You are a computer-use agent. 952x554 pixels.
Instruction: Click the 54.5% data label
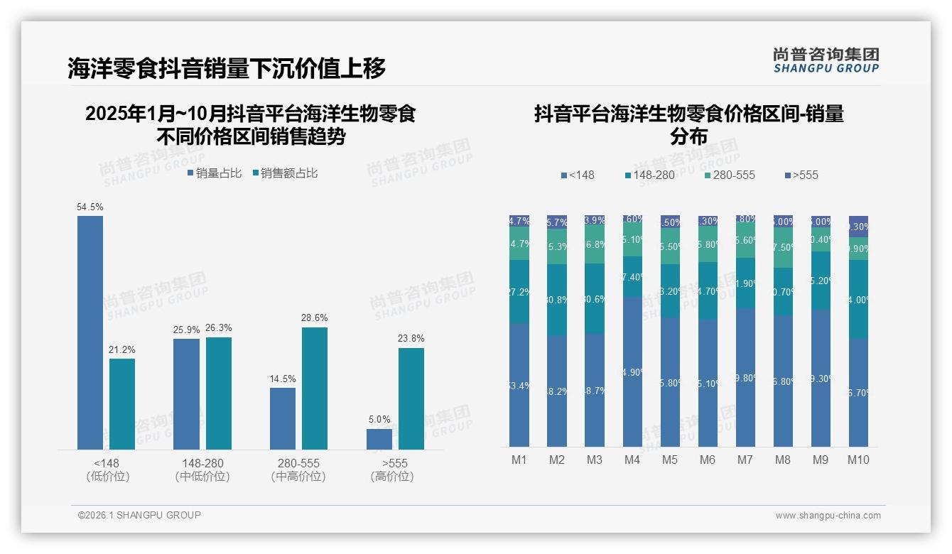pyautogui.click(x=90, y=207)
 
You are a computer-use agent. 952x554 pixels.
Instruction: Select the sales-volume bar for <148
pyautogui.click(x=90, y=332)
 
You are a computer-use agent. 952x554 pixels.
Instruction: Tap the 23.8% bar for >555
pyautogui.click(x=411, y=398)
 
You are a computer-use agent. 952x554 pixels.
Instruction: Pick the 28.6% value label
pyautogui.click(x=314, y=317)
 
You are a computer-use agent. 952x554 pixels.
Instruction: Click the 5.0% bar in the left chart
pyautogui.click(x=379, y=439)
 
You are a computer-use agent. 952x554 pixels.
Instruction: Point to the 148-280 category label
pyautogui.click(x=202, y=463)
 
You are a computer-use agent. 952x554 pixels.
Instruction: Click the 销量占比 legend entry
pyautogui.click(x=215, y=173)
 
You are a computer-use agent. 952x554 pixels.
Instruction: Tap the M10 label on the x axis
pyautogui.click(x=858, y=460)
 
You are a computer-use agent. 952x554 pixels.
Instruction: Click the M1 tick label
pyautogui.click(x=519, y=460)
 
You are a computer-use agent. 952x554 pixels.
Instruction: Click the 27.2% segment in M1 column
pyautogui.click(x=519, y=291)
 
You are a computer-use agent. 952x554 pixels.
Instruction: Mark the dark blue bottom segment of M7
pyautogui.click(x=745, y=377)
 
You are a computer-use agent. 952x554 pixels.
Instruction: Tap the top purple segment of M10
pyautogui.click(x=858, y=226)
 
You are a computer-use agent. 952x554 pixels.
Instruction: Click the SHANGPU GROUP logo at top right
pyautogui.click(x=826, y=60)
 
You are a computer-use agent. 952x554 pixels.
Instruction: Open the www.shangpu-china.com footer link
pyautogui.click(x=828, y=516)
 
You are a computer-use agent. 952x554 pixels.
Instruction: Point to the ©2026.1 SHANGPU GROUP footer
pyautogui.click(x=139, y=515)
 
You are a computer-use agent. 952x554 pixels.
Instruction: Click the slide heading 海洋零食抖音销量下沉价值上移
pyautogui.click(x=227, y=68)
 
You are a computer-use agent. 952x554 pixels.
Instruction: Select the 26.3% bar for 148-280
pyautogui.click(x=219, y=393)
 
